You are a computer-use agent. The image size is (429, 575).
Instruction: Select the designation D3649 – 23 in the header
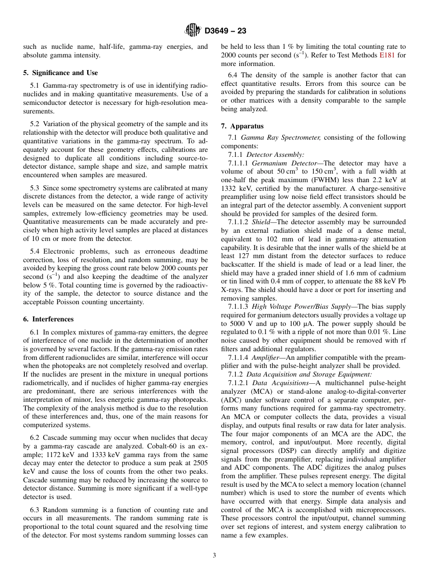(225, 31)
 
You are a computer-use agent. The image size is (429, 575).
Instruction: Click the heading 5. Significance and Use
(61, 73)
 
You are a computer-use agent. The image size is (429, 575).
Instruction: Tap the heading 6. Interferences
(48, 319)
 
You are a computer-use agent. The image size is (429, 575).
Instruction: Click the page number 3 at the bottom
(214, 556)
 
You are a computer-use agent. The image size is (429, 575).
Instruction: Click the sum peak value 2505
(200, 463)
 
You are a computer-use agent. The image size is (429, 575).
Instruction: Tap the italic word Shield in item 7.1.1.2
(261, 222)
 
